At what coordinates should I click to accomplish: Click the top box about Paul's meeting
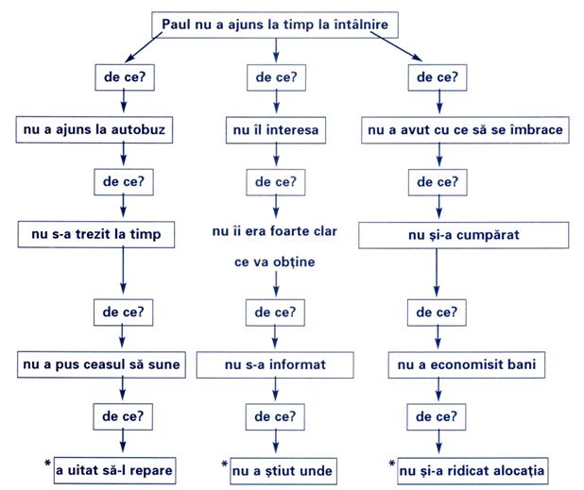coord(275,25)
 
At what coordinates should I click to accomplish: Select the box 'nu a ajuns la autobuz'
coord(94,130)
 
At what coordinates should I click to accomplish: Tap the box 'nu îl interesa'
coord(276,130)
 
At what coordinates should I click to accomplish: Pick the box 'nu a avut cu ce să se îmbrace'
coord(465,130)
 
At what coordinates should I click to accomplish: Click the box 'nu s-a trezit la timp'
coord(96,235)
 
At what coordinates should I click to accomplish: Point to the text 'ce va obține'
coord(274,262)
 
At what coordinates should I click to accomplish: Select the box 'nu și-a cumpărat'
coord(464,235)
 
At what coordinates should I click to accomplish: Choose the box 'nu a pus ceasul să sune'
coord(101,364)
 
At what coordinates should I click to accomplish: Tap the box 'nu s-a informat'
coord(275,365)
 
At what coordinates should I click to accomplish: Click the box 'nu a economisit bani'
coord(467,365)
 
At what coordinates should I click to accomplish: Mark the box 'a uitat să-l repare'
coord(114,471)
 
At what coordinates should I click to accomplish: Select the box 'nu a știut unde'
coord(283,471)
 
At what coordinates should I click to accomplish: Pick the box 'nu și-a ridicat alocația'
coord(472,471)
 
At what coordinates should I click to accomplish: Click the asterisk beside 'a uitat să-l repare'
coord(47,464)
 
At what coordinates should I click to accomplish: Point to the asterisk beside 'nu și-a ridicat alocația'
coord(392,464)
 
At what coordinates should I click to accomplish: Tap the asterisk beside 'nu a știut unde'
coord(224,464)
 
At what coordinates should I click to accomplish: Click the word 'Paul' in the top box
coord(176,25)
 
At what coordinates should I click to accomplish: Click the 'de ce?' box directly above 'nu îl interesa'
coord(276,77)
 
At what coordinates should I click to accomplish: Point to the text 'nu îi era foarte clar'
coord(274,231)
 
